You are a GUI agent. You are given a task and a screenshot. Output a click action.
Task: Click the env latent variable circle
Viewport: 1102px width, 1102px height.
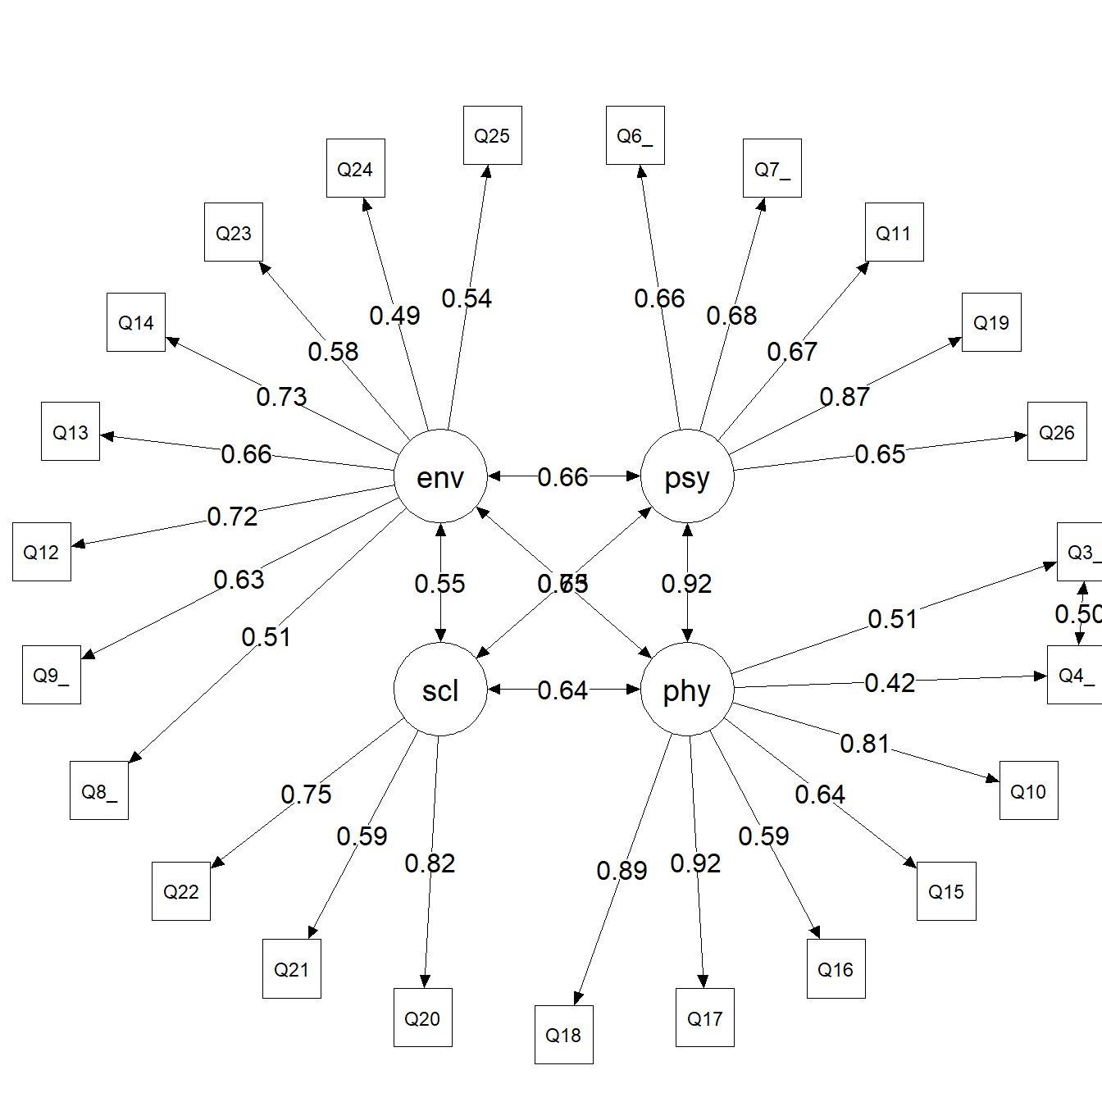click(440, 476)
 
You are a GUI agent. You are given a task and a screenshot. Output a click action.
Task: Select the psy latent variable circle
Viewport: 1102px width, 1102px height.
click(687, 476)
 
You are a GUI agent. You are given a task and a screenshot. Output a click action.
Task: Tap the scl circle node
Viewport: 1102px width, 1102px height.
click(440, 690)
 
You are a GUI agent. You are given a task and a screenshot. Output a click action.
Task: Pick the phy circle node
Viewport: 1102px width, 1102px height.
click(687, 690)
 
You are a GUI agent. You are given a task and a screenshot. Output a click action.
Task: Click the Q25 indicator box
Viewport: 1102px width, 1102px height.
click(492, 135)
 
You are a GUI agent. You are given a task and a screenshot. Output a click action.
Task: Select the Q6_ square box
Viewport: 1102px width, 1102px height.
click(635, 135)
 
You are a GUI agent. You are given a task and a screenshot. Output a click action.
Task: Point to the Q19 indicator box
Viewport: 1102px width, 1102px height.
click(991, 322)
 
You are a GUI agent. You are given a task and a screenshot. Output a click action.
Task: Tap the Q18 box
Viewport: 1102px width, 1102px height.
click(563, 1035)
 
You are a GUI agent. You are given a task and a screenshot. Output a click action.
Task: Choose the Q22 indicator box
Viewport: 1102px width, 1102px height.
click(181, 891)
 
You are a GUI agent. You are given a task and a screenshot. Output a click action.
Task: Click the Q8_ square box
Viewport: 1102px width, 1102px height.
click(99, 791)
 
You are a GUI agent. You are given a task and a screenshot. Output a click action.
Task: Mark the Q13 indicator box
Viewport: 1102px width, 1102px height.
click(71, 431)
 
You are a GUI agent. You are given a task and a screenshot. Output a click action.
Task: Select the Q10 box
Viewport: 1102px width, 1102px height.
click(1028, 791)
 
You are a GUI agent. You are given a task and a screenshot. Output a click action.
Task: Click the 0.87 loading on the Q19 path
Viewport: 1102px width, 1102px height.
click(845, 397)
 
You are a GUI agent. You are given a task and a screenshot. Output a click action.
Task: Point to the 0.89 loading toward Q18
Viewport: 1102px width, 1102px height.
click(622, 871)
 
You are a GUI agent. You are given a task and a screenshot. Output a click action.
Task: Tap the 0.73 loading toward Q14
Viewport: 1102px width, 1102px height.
click(281, 397)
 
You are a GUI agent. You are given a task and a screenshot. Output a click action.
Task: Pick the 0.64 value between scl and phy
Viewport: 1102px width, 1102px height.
click(562, 690)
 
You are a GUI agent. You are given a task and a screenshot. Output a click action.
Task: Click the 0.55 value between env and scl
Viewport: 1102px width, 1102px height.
click(439, 584)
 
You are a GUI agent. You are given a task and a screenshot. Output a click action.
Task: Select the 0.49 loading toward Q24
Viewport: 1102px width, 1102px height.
click(394, 316)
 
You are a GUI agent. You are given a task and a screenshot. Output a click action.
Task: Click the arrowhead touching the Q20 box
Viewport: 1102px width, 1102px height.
click(425, 981)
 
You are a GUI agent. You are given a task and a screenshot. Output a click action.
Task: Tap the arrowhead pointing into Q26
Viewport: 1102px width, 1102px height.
click(1021, 436)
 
